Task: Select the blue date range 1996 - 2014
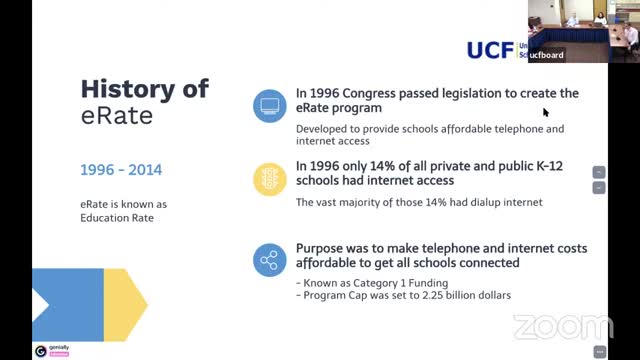[x=120, y=170]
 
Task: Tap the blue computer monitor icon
[x=268, y=103]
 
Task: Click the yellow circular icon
[x=268, y=179]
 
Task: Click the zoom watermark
[x=563, y=327]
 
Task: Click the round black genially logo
[x=40, y=351]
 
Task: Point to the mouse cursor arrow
[x=546, y=112]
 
